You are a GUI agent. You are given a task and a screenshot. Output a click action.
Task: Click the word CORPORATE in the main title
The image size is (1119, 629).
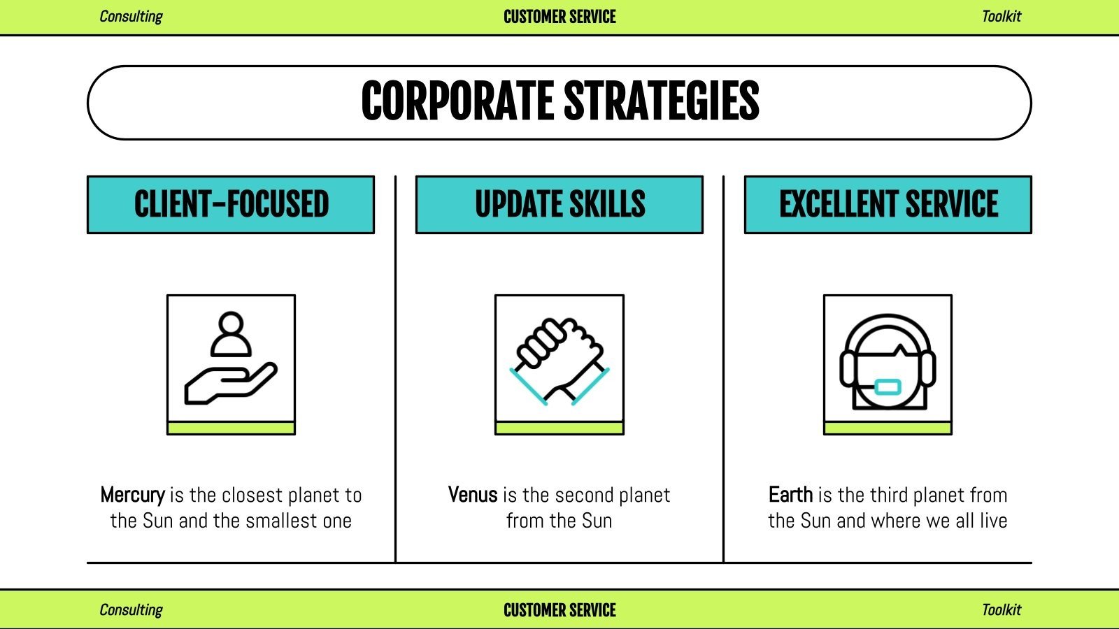[x=458, y=102]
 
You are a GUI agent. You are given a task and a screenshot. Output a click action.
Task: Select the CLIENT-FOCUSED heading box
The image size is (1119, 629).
[x=231, y=205]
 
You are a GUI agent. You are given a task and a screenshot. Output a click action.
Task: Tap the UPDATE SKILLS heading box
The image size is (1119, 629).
[x=559, y=205]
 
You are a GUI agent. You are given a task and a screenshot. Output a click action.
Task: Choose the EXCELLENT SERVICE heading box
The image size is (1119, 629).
[x=888, y=205]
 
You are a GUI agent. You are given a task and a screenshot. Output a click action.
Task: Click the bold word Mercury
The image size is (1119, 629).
[x=132, y=495]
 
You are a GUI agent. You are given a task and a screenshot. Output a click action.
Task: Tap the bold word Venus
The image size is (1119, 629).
[x=473, y=495]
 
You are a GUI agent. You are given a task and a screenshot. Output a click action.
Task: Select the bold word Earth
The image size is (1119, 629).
[x=790, y=495]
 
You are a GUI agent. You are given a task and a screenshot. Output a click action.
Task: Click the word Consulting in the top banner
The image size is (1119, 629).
[x=131, y=17]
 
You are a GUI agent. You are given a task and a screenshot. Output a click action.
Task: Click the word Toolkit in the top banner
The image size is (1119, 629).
[x=1001, y=17]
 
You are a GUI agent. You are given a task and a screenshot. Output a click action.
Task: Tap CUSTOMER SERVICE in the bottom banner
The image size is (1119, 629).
[x=559, y=610]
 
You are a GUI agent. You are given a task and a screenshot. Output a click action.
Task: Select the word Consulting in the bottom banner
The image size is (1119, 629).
[x=131, y=610]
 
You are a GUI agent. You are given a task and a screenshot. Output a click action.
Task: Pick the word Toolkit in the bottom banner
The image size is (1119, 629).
[x=1001, y=610]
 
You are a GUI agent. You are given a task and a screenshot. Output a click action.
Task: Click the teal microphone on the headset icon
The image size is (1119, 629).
[x=888, y=386]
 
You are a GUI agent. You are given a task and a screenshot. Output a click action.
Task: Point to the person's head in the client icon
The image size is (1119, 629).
[x=230, y=324]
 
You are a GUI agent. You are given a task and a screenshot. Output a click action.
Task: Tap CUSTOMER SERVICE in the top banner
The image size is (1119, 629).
[x=559, y=17]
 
